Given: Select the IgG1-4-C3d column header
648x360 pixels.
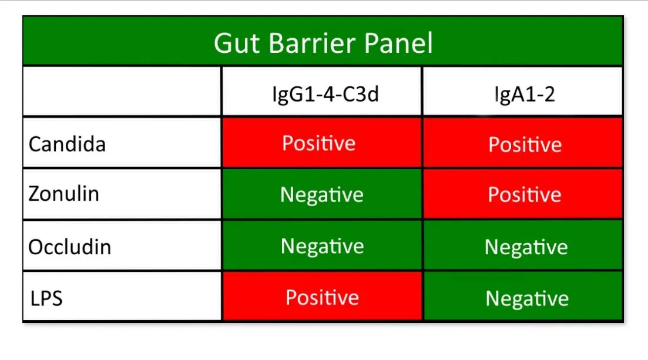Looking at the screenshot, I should [x=321, y=93].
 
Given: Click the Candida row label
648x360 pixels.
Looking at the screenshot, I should [x=67, y=144].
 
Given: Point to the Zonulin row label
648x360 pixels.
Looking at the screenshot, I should [x=63, y=194].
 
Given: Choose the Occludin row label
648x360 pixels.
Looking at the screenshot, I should [x=69, y=246].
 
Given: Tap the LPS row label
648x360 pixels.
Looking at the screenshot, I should [x=46, y=298].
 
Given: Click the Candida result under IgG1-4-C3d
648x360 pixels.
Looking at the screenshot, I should [x=319, y=143].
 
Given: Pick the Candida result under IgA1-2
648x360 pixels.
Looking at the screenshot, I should [x=525, y=144].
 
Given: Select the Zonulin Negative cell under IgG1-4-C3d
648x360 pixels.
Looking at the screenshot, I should [x=321, y=194].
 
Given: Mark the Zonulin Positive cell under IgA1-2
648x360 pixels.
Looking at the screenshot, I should [x=525, y=194].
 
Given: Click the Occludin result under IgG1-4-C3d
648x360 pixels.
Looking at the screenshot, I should [x=322, y=246].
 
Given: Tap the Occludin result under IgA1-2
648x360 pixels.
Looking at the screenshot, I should [x=526, y=247].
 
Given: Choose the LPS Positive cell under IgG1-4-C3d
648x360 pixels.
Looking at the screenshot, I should [x=322, y=297].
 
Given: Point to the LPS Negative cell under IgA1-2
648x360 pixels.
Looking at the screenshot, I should [x=526, y=298].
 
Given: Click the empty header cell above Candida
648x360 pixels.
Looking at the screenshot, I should [x=122, y=92].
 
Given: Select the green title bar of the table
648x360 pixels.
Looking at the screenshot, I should [x=117, y=41].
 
